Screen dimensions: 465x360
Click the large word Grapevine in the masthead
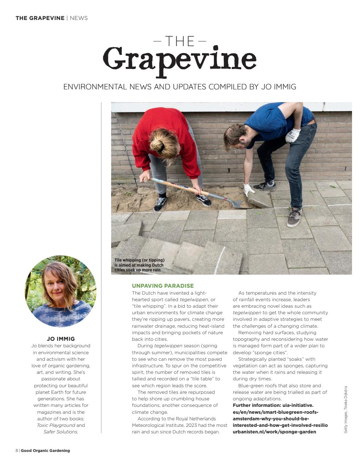[179, 60]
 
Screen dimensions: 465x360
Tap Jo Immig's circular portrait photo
[61, 291]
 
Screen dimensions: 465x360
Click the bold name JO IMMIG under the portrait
[61, 339]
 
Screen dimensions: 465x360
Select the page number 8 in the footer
[17, 450]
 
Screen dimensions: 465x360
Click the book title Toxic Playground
[56, 425]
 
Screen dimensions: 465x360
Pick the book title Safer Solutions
[60, 432]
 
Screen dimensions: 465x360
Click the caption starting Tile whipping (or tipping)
[139, 265]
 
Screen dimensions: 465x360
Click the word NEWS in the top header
[78, 18]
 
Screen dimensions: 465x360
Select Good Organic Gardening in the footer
[45, 450]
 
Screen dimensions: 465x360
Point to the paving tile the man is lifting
[259, 199]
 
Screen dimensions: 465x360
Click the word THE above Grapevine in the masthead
[179, 41]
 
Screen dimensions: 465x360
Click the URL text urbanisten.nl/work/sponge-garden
[274, 432]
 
